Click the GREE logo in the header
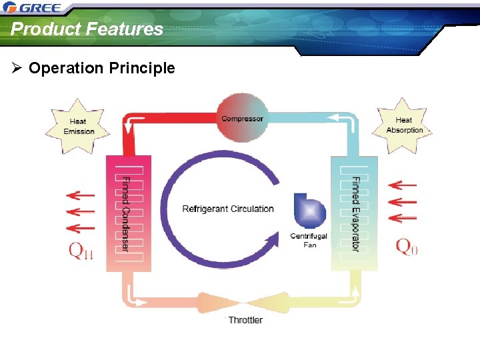pyautogui.click(x=33, y=8)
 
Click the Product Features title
pyautogui.click(x=87, y=29)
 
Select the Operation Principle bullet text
pyautogui.click(x=102, y=68)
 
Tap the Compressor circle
pyautogui.click(x=242, y=118)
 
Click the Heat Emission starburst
pyautogui.click(x=79, y=126)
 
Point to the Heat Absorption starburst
pyautogui.click(x=404, y=125)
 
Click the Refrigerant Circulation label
pyautogui.click(x=228, y=209)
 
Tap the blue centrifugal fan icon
pyautogui.click(x=309, y=211)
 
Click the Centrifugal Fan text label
pyautogui.click(x=309, y=241)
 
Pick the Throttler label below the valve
pyautogui.click(x=245, y=320)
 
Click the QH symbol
pyautogui.click(x=81, y=251)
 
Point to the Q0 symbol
pyautogui.click(x=407, y=247)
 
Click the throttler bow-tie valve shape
pyautogui.click(x=245, y=303)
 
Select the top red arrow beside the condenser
pyautogui.click(x=81, y=195)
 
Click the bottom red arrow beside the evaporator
pyautogui.click(x=402, y=218)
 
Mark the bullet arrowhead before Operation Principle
pyautogui.click(x=17, y=68)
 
